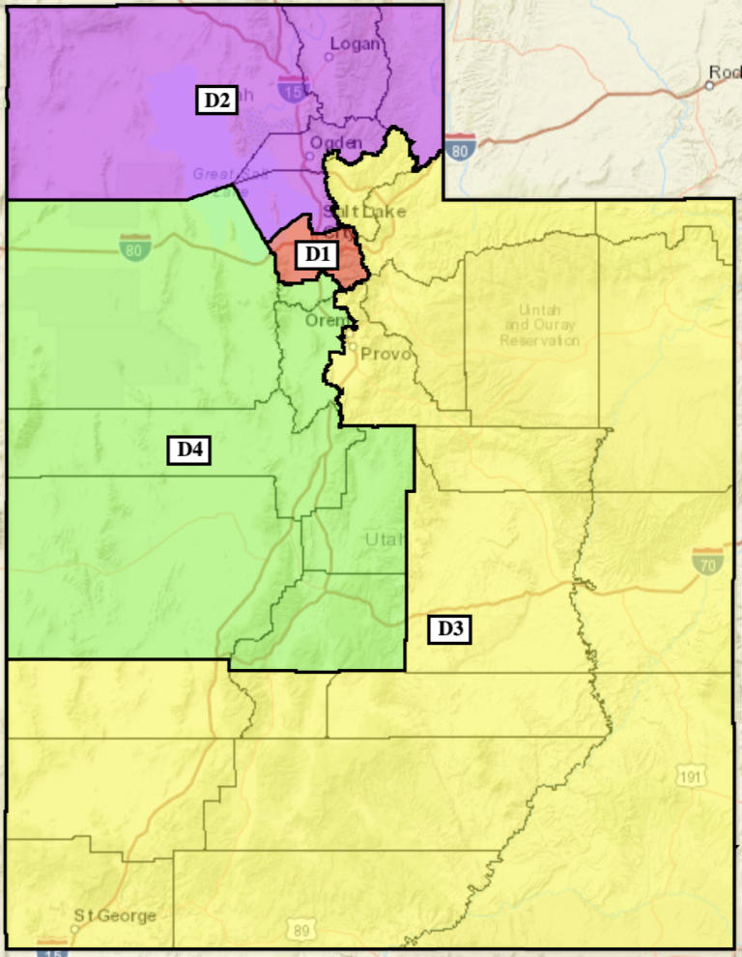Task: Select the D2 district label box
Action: (217, 100)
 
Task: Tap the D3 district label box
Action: (449, 629)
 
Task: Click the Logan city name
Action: (356, 43)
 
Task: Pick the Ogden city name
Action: (336, 143)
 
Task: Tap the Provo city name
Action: (386, 355)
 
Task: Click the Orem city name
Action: (322, 320)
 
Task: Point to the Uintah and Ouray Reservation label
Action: (540, 325)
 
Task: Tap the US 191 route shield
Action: (692, 775)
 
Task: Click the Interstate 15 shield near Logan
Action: (289, 90)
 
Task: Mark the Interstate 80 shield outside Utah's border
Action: (461, 148)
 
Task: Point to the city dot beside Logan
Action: (328, 56)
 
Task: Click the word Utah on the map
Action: (385, 539)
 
